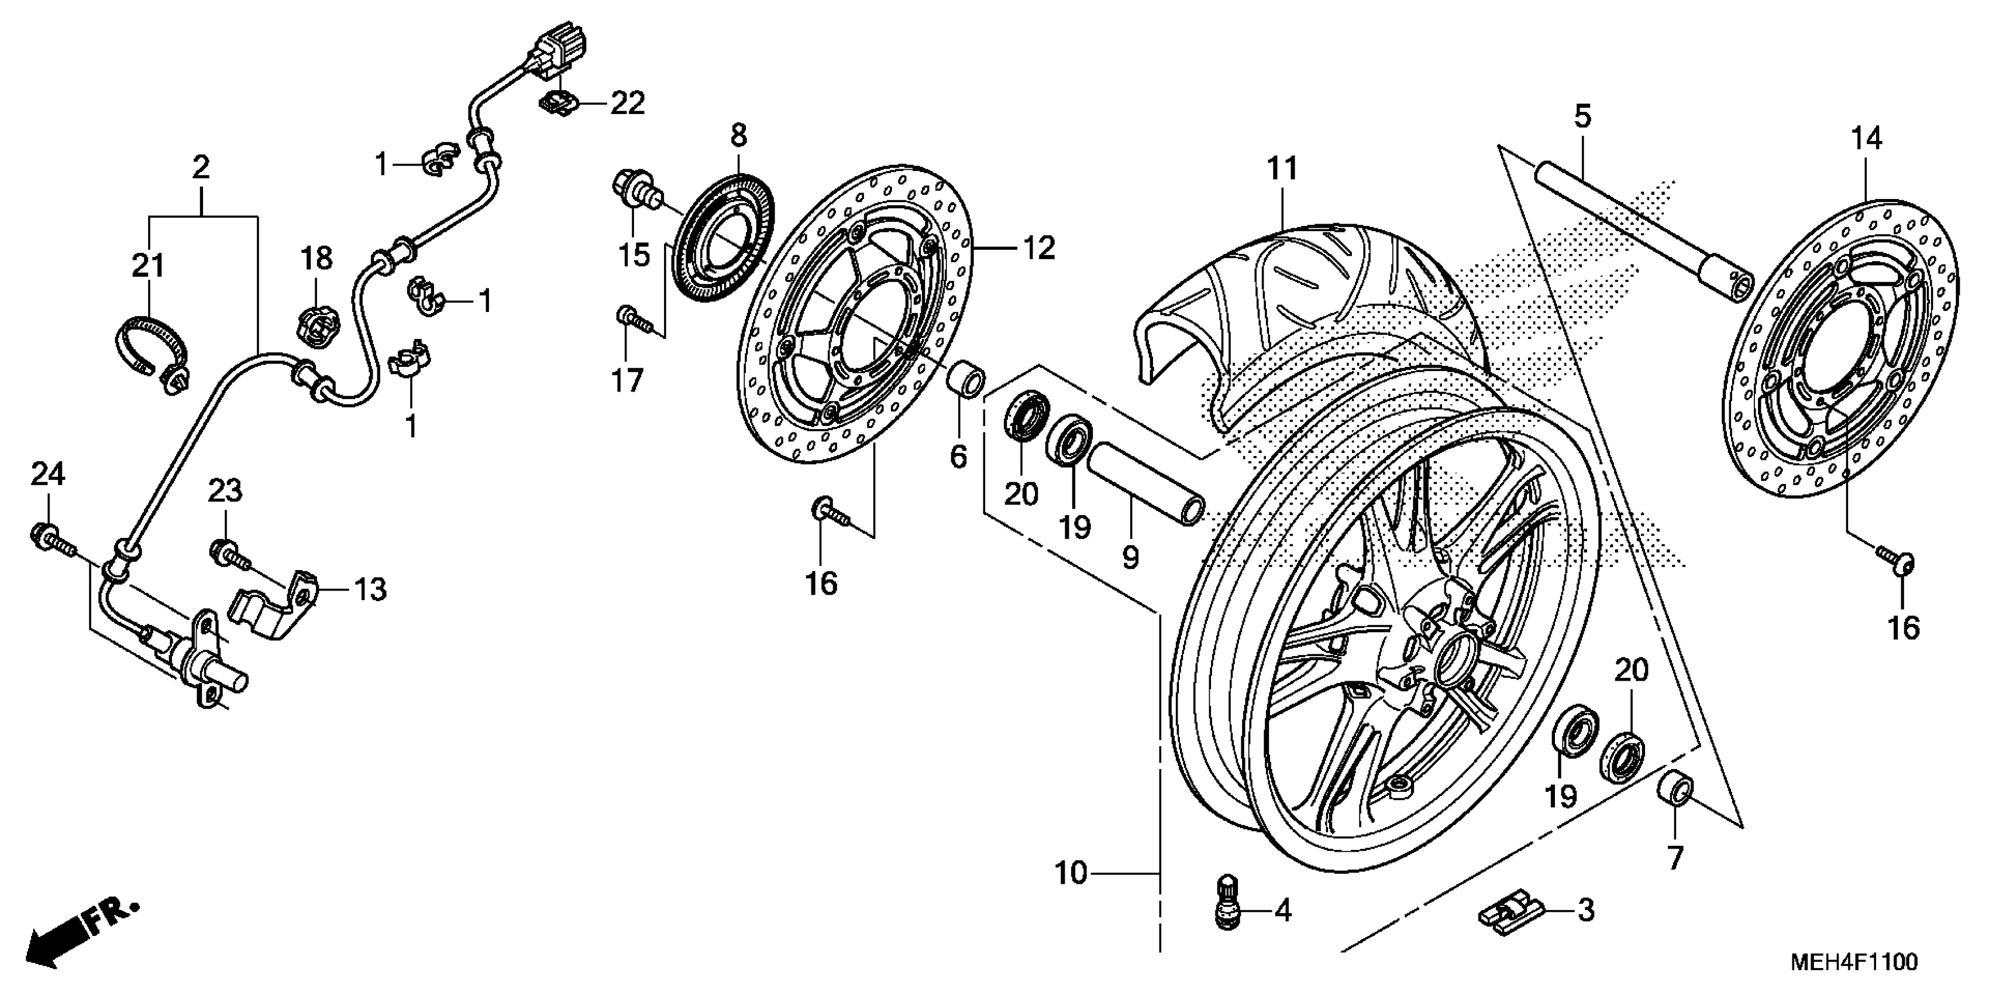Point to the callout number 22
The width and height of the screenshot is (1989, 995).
[x=627, y=103]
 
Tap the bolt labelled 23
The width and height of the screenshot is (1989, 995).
[x=226, y=553]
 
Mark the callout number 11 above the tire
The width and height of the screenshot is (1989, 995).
[x=1282, y=167]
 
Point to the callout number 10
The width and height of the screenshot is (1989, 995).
[x=1071, y=873]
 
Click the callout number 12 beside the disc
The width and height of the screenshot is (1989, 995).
[x=1038, y=248]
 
